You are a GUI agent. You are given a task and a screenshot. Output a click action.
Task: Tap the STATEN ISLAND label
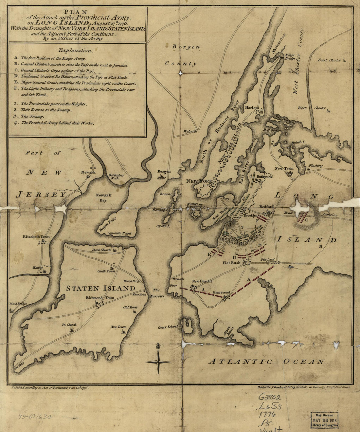click(100, 288)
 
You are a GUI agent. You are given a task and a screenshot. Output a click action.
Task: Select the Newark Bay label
click(103, 197)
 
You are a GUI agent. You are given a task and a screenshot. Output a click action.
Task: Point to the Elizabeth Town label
click(36, 236)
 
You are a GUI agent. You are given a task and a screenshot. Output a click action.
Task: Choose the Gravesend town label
click(221, 292)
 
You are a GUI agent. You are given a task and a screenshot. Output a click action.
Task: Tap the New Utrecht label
click(202, 281)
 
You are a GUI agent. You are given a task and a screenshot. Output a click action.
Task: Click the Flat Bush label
click(231, 263)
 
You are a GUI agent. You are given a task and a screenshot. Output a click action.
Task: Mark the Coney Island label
click(168, 327)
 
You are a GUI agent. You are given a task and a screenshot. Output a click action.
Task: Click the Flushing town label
click(315, 166)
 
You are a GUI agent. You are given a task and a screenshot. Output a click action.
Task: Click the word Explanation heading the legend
click(75, 50)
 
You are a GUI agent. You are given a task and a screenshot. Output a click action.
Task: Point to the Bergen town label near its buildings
click(164, 171)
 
